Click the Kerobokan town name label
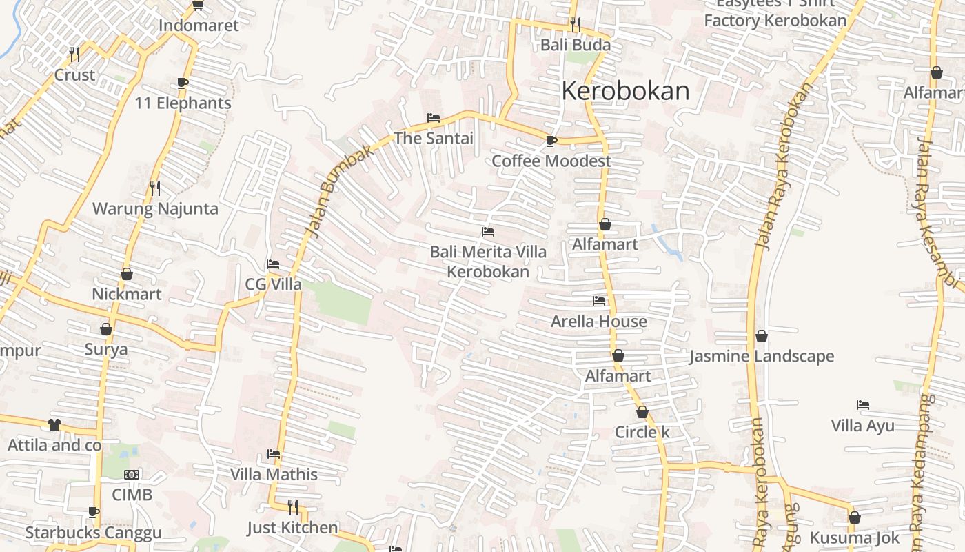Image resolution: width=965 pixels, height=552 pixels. point(625,91)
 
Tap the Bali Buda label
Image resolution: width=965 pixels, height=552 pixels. point(575,45)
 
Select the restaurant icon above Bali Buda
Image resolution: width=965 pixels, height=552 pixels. point(575,25)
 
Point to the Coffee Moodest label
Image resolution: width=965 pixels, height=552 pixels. point(551,161)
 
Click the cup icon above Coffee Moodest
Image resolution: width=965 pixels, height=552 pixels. point(551,141)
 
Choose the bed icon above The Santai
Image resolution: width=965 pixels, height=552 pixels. point(434,118)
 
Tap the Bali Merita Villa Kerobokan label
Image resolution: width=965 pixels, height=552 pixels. point(488,262)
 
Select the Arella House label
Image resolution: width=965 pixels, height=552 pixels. point(598,321)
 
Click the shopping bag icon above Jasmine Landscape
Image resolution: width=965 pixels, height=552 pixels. point(762,336)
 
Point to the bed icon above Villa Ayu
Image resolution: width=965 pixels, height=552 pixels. point(862,405)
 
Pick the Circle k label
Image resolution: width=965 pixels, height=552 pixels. point(642,432)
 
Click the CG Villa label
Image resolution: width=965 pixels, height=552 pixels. point(273,284)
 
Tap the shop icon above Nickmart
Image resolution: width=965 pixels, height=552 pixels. point(127,274)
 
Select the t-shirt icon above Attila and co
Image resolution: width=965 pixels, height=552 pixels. point(54,424)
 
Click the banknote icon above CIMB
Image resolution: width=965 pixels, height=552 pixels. point(132,475)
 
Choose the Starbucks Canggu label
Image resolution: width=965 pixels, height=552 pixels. point(93,532)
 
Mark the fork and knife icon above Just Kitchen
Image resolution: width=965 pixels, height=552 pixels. point(293,507)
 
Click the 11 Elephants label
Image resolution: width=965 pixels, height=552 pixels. point(183,103)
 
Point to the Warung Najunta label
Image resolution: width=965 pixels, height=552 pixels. point(155,208)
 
